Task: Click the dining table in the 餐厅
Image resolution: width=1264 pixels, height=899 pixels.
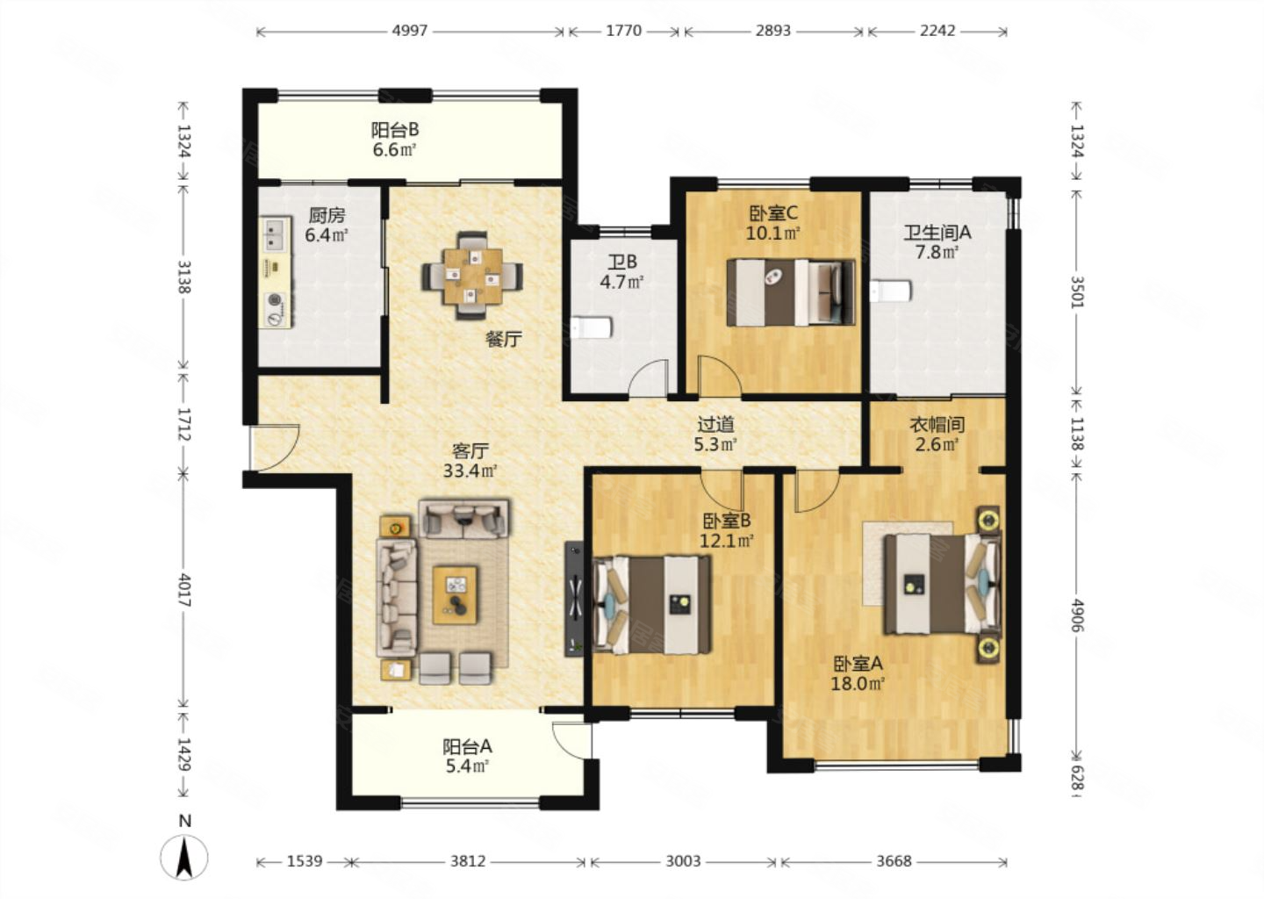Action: [x=472, y=276]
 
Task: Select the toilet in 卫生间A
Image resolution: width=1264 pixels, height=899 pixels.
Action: [x=890, y=291]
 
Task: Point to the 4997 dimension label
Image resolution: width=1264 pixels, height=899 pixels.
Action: [x=410, y=31]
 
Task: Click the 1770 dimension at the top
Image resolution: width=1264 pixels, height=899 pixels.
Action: [x=623, y=31]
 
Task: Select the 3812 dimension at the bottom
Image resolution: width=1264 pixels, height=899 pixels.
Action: [x=468, y=861]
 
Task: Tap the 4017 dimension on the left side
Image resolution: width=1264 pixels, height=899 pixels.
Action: [x=184, y=590]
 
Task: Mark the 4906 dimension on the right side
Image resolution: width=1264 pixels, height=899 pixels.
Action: [x=1077, y=615]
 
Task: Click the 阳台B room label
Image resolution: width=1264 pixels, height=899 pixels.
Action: [x=395, y=130]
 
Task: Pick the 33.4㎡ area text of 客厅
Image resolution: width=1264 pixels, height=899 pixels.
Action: [x=470, y=470]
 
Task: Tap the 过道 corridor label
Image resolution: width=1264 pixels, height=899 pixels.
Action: [x=715, y=424]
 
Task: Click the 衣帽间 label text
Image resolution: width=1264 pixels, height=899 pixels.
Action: [x=937, y=425]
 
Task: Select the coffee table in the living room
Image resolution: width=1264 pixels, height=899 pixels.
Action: [x=455, y=595]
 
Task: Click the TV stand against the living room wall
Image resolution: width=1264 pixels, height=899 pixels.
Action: [x=574, y=599]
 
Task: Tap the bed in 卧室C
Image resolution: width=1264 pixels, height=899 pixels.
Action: [x=791, y=292]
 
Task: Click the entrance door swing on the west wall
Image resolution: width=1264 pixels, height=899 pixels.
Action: [x=274, y=447]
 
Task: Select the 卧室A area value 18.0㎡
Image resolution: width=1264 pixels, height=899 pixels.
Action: [x=857, y=683]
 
